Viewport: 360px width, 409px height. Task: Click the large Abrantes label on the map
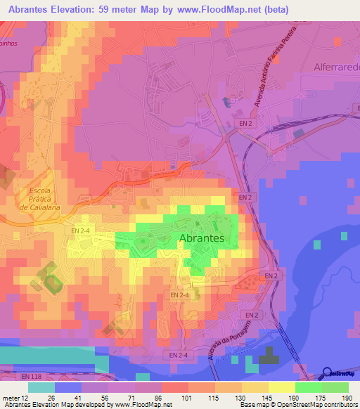coord(202,239)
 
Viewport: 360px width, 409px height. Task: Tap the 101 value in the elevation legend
coord(186,398)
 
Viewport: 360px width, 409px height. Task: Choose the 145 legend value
coord(266,398)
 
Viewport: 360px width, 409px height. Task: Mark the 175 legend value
coord(321,398)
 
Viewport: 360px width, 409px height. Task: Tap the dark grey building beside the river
coord(268,358)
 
